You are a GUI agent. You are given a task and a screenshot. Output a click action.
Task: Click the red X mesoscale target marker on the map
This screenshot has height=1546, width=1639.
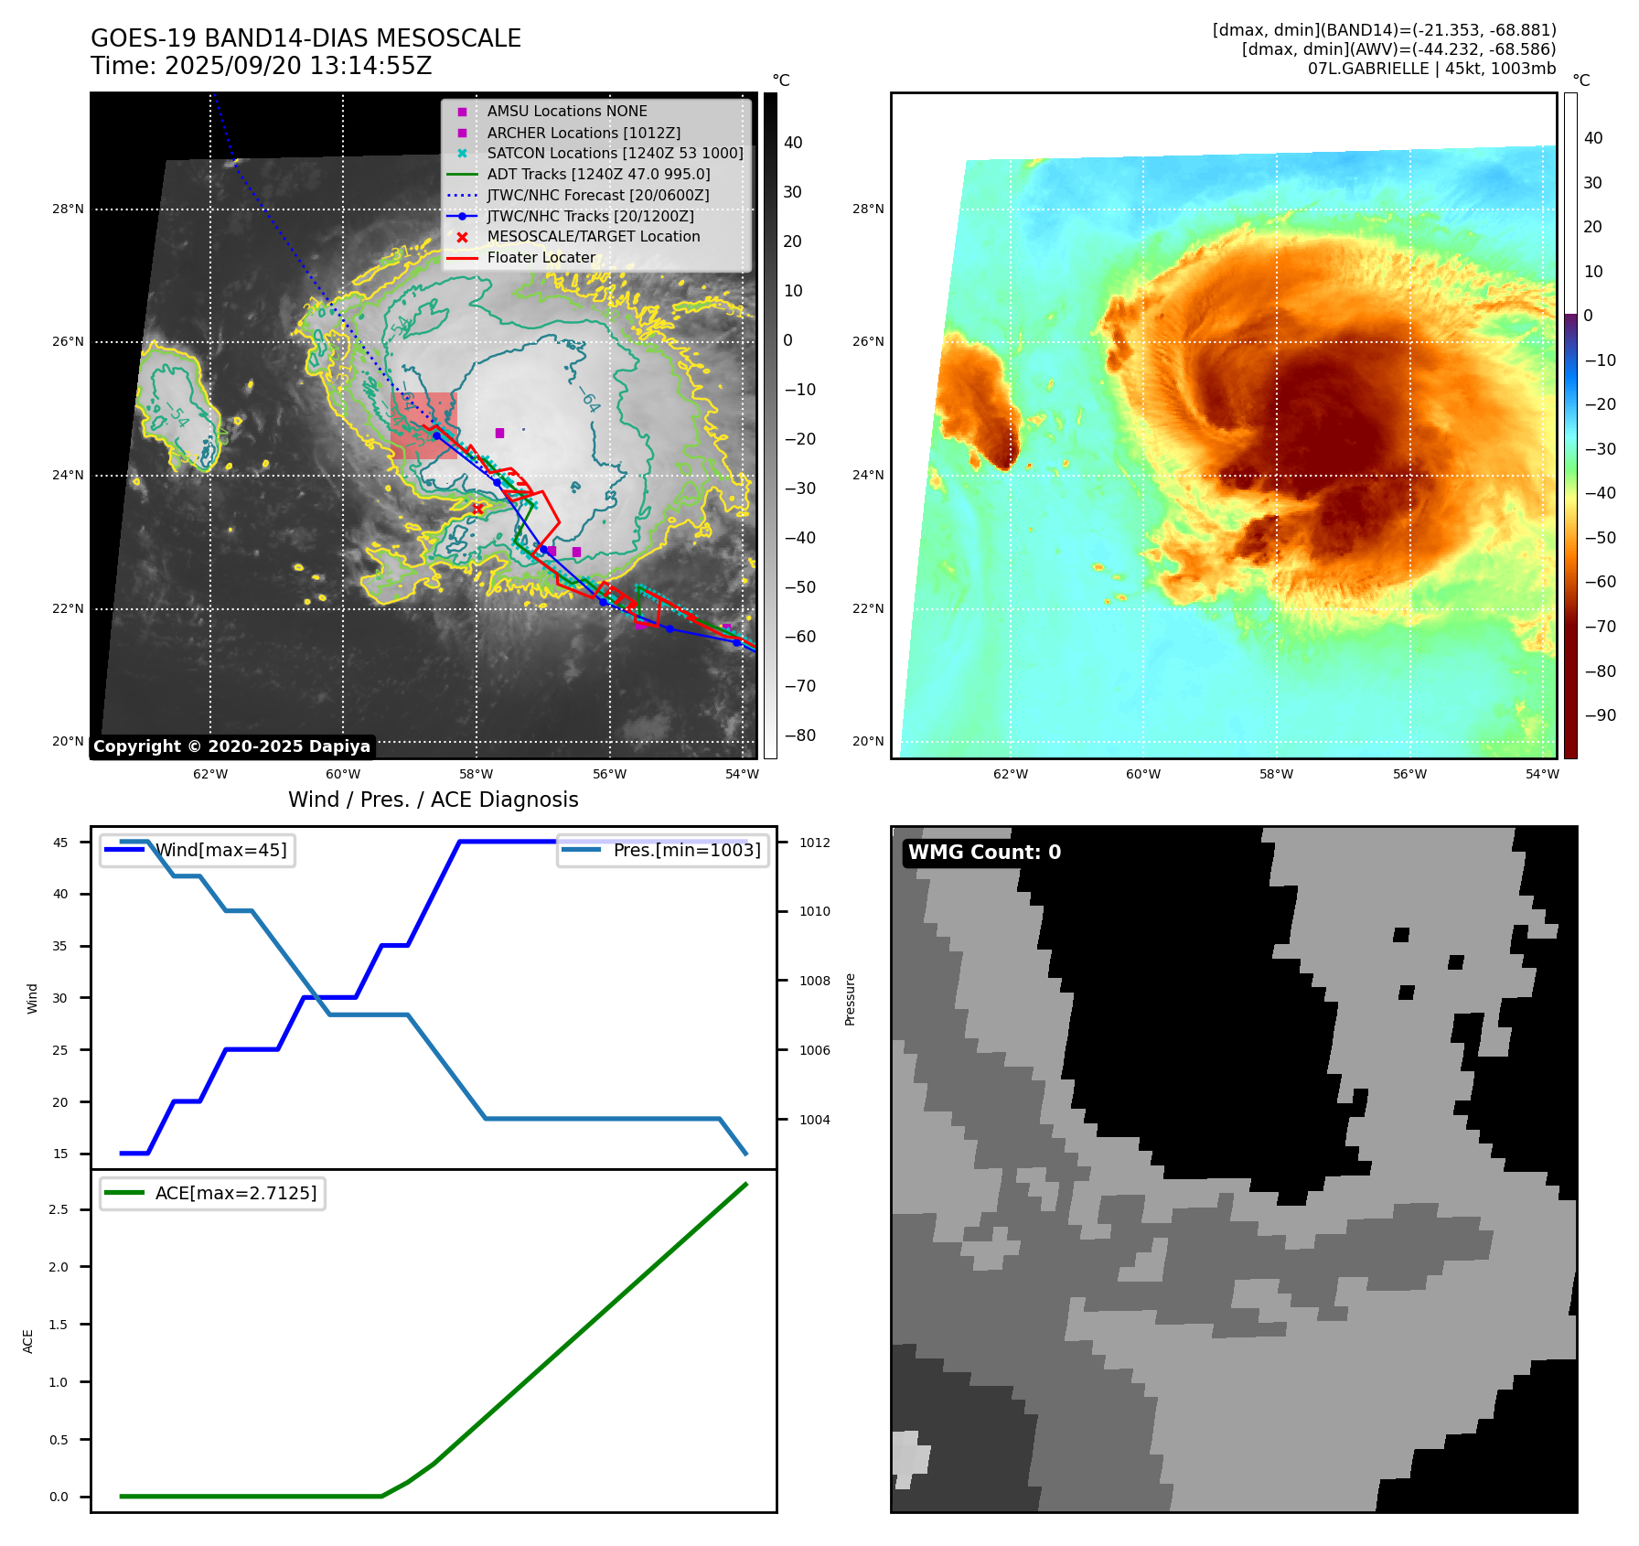(x=477, y=509)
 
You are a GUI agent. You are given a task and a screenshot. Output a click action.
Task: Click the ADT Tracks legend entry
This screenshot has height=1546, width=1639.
(x=598, y=174)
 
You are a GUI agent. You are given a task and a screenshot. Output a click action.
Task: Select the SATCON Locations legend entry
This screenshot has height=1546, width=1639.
(x=615, y=153)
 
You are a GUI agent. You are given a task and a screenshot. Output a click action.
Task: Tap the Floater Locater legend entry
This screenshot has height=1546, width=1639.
(x=541, y=257)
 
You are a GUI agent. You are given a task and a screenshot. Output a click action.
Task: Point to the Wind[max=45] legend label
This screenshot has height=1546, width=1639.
(x=220, y=850)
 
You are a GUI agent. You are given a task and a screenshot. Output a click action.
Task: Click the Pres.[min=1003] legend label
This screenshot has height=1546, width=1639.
(x=686, y=850)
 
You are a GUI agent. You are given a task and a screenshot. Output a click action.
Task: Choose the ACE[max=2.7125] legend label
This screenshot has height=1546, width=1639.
(x=236, y=1193)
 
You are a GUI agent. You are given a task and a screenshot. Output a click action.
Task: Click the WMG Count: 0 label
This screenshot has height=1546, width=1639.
(x=984, y=853)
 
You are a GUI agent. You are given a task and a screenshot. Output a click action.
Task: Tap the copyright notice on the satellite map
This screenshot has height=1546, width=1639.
(x=231, y=746)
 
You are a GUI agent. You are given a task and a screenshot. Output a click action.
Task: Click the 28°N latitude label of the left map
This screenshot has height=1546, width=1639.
(x=68, y=209)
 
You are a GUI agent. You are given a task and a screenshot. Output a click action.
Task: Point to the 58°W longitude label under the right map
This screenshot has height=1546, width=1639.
(x=1276, y=774)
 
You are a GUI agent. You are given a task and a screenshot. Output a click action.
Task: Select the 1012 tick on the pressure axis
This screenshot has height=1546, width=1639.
(x=814, y=843)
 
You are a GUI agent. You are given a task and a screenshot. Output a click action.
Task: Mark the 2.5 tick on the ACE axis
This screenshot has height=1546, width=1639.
(x=59, y=1209)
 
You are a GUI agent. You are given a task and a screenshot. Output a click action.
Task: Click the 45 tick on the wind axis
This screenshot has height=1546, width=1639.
(x=60, y=843)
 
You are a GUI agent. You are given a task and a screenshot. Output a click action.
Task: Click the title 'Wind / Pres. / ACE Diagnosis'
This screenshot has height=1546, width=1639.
(x=434, y=800)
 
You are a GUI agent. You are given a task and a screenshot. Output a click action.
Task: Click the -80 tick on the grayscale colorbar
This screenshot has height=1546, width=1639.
(x=800, y=735)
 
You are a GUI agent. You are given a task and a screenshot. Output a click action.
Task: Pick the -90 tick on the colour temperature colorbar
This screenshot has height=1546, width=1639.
(x=1600, y=715)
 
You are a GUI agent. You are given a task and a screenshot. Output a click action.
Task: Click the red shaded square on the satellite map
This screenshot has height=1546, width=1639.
(x=423, y=425)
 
